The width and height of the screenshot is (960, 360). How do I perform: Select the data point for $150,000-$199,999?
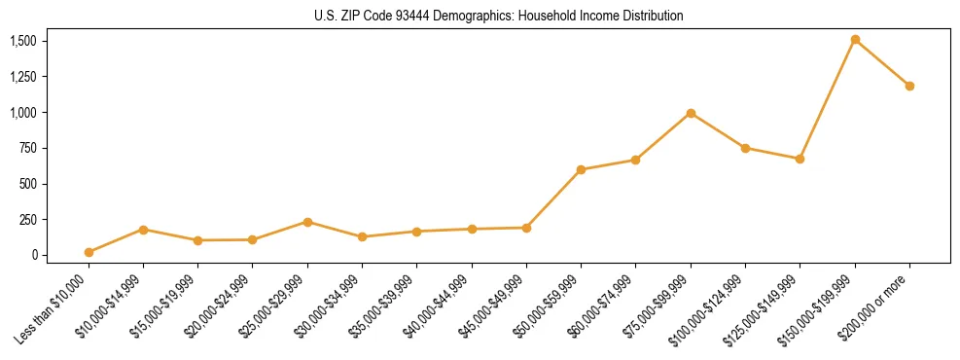[855, 40]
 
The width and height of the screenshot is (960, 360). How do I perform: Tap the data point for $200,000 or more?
[909, 86]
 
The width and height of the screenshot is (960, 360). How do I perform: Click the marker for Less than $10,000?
[89, 252]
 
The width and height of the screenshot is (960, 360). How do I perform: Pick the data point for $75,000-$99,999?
[691, 113]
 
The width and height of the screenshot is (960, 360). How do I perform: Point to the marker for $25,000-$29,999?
[307, 222]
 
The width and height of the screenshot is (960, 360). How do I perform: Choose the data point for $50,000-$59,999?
[581, 169]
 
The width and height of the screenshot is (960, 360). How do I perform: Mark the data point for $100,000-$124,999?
[745, 148]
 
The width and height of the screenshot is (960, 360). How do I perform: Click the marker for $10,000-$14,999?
[143, 230]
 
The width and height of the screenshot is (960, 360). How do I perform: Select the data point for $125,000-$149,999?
[800, 159]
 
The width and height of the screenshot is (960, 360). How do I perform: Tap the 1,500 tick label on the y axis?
[22, 41]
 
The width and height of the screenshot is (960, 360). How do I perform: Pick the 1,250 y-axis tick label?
[22, 77]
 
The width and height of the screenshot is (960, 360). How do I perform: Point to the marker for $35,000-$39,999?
[416, 232]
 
